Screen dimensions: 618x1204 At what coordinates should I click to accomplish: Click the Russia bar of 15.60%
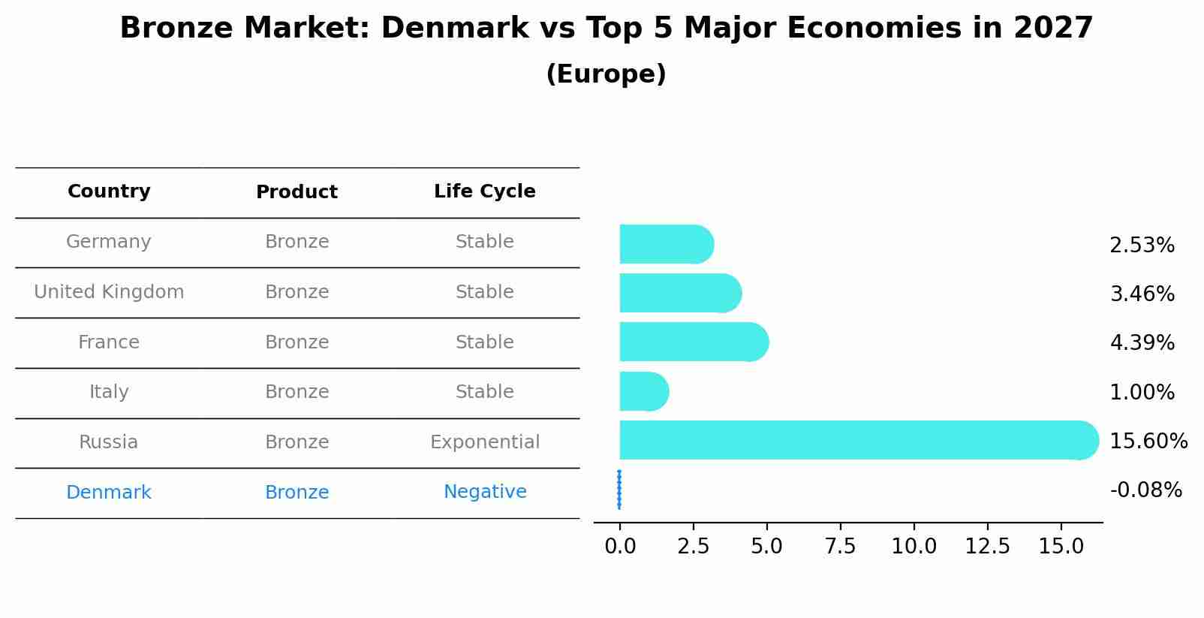856,440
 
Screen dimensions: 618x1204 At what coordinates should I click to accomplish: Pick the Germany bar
665,244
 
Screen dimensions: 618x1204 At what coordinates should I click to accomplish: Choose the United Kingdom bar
679,293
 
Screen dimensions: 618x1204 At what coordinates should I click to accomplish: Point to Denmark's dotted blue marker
619,490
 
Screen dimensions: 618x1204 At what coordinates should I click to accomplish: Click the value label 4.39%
1142,343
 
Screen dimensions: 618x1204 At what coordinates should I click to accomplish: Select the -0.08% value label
1145,490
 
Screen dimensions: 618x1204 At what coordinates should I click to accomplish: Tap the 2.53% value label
1142,246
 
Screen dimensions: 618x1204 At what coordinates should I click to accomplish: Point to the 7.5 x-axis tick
840,547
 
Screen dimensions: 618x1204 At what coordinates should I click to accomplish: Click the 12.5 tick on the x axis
987,547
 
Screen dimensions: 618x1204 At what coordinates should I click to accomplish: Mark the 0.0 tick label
620,547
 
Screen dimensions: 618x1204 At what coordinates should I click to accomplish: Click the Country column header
109,191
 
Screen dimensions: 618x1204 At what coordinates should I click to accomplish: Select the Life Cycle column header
485,191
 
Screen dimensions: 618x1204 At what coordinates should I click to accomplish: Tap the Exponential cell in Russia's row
485,442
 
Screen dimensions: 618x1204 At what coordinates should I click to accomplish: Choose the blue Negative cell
485,492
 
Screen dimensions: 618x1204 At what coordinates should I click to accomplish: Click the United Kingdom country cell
109,292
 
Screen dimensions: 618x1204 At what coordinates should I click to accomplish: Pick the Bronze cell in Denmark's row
296,493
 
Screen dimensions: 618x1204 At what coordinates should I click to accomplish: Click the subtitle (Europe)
606,74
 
